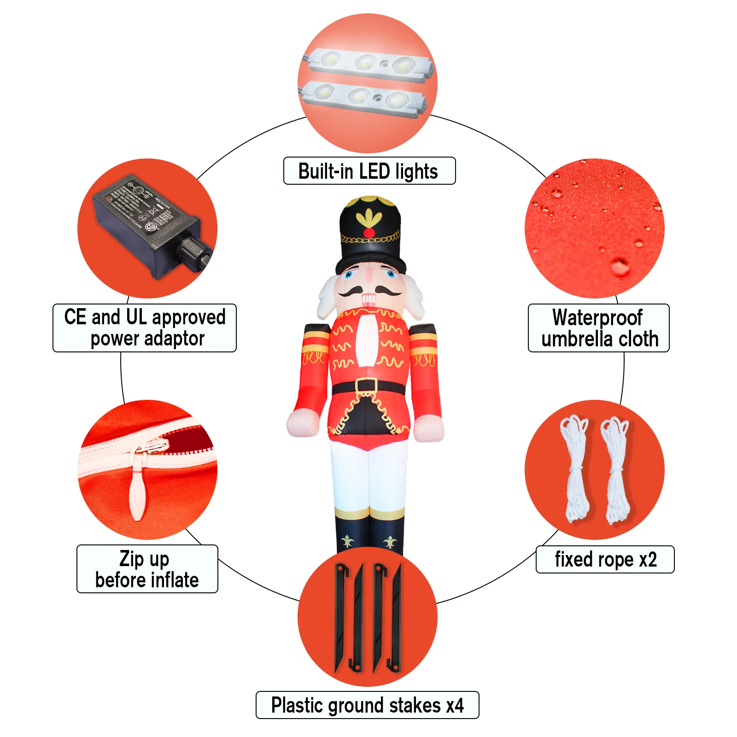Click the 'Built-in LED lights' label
[x=369, y=171]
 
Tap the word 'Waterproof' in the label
[x=597, y=317]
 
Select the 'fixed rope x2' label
[x=605, y=559]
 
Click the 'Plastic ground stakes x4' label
[x=367, y=705]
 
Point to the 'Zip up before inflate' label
[x=147, y=569]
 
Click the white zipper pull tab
[x=137, y=488]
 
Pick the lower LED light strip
[x=364, y=98]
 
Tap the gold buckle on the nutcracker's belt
[x=366, y=386]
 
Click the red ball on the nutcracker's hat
[x=369, y=233]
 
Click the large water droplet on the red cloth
[x=620, y=266]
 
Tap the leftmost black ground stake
[x=341, y=617]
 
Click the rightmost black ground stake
[x=396, y=617]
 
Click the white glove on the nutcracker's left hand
[x=429, y=428]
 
